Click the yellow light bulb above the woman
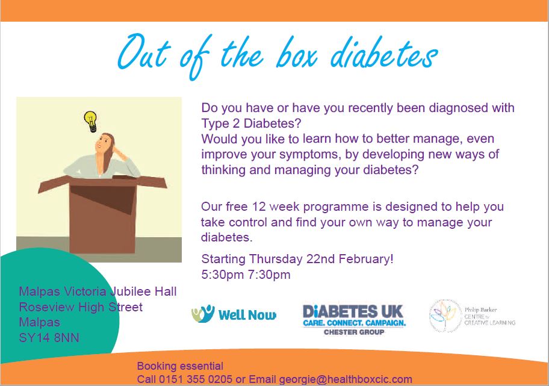91,121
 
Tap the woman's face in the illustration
103,143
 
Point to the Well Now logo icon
203,314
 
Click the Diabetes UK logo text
353,311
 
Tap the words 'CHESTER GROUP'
354,332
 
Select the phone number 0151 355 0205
196,379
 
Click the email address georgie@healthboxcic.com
345,379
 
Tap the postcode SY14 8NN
49,338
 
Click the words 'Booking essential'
180,366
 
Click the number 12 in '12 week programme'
259,207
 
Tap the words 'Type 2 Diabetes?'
251,123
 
